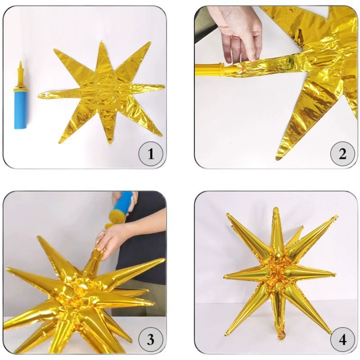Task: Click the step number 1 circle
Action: point(151,154)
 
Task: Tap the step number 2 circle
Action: point(342,154)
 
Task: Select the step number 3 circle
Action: point(151,339)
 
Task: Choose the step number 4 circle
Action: point(342,339)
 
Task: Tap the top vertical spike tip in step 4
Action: point(276,209)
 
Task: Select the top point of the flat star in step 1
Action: point(102,42)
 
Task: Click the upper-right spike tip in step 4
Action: point(336,216)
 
